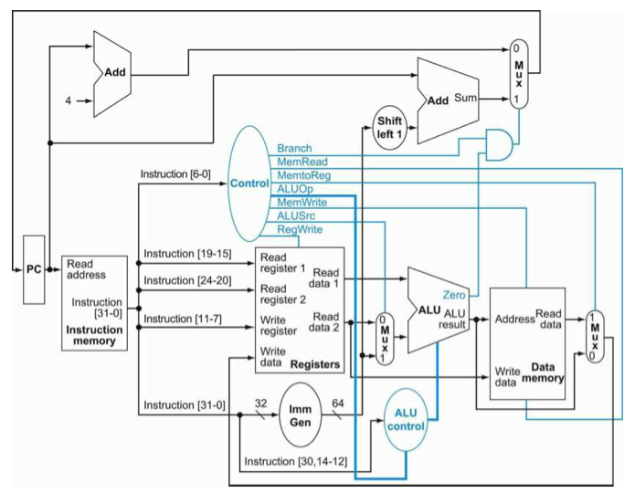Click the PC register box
[34, 269]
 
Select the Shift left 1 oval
[389, 128]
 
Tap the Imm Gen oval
[300, 415]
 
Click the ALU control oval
[406, 420]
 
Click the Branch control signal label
[294, 149]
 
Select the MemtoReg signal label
[303, 175]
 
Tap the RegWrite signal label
[300, 229]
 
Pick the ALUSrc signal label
[296, 215]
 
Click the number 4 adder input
[69, 100]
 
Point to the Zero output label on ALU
[454, 295]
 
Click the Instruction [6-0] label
[175, 174]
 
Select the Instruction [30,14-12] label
[296, 461]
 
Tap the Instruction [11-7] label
[183, 319]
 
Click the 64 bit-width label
[338, 404]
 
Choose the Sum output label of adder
[465, 98]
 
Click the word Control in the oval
[249, 184]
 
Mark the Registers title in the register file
[315, 364]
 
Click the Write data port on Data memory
[507, 377]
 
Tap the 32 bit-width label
[260, 404]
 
